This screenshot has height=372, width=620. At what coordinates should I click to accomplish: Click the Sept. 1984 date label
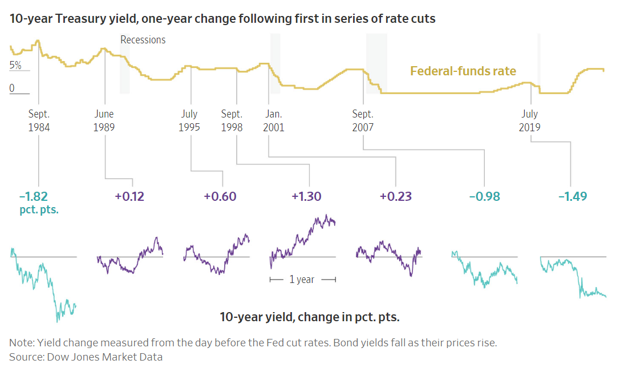39,120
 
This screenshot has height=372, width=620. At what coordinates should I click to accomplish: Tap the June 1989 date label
104,120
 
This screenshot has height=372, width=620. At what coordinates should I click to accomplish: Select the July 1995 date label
189,120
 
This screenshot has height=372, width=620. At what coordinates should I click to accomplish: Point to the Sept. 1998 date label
232,120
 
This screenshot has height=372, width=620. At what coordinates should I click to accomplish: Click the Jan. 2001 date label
273,120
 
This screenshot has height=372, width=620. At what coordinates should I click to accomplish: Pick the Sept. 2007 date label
363,120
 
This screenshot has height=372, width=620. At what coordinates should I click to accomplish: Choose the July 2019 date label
530,120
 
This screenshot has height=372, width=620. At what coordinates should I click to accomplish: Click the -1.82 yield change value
34,196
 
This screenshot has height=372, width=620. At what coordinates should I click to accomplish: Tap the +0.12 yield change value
129,197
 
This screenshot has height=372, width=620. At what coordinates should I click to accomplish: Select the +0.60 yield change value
220,197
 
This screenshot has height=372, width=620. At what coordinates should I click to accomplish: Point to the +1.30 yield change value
306,197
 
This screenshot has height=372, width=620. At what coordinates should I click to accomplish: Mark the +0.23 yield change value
396,197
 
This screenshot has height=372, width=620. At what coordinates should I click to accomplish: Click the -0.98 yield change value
484,197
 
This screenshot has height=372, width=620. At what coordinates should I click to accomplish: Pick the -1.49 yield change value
573,197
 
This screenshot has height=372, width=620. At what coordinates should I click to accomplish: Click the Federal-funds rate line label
463,71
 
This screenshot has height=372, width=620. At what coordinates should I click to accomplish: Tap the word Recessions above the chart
143,40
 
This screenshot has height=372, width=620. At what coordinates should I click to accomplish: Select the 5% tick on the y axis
15,66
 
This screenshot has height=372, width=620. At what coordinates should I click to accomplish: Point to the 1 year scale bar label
302,280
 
